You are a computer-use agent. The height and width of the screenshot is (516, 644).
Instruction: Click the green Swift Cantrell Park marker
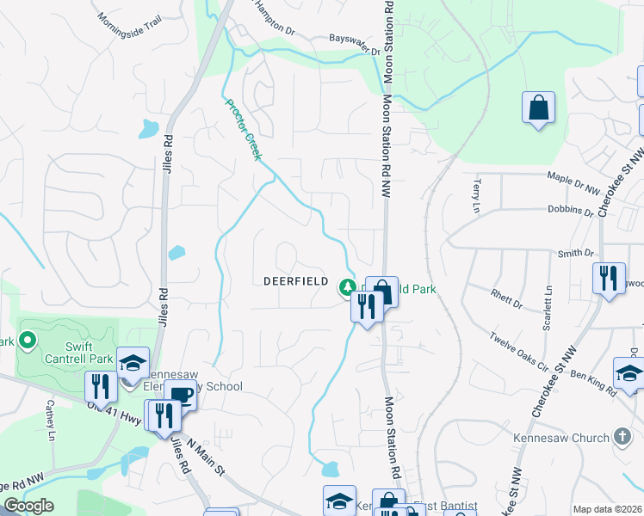click(28, 341)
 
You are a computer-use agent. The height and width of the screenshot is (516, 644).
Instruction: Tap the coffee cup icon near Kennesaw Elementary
click(182, 396)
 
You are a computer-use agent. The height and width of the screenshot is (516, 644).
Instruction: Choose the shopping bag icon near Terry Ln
click(538, 108)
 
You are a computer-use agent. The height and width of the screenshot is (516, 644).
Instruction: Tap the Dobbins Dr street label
click(570, 211)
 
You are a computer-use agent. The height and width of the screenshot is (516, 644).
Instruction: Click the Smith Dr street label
click(576, 254)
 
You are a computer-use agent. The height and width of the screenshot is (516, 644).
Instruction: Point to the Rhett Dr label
click(506, 302)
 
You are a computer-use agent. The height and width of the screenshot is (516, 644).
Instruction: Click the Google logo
click(28, 506)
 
